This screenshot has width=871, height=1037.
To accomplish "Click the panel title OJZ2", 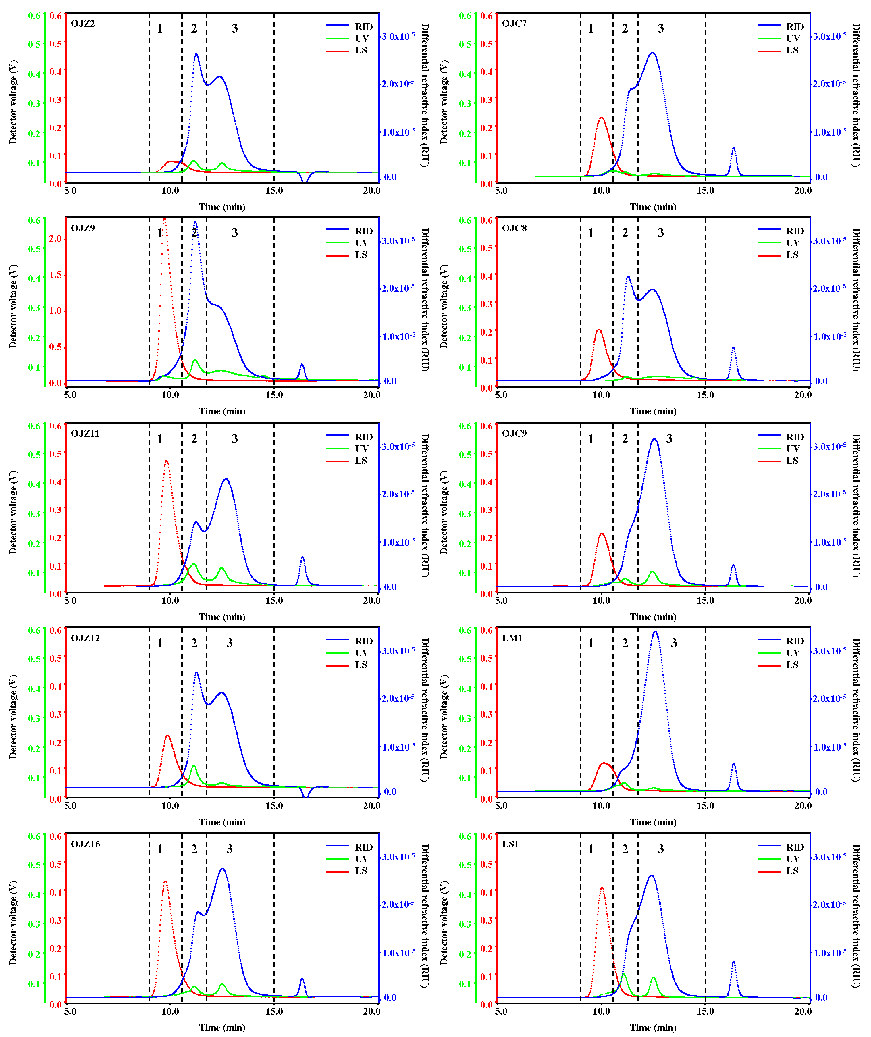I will (x=82, y=24).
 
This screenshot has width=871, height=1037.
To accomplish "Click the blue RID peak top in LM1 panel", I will (x=655, y=632).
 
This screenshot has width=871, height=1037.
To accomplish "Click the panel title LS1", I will (x=510, y=844).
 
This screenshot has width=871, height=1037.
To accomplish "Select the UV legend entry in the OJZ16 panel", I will (x=361, y=859).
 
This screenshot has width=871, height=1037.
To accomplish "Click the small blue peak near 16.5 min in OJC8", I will (x=733, y=348).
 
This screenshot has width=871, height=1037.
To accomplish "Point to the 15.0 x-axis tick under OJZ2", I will (x=274, y=191).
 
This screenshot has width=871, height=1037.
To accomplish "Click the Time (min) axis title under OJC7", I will (x=653, y=207).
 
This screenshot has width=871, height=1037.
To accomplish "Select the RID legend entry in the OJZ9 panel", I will (x=363, y=231).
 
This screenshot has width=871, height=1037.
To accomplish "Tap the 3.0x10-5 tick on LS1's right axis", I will (x=830, y=857).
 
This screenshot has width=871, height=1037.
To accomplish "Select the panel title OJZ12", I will (x=85, y=638).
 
